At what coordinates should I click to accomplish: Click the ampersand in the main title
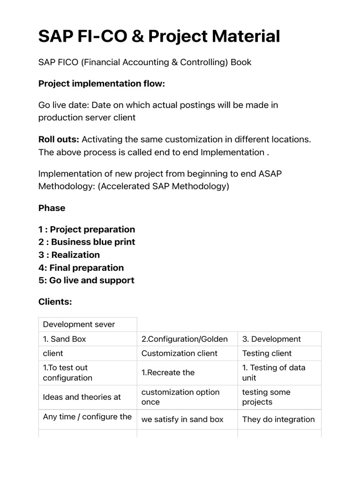(138, 36)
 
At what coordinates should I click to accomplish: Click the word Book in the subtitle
(240, 62)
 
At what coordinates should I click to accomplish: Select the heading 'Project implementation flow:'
(102, 83)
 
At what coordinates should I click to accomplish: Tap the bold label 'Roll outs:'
(59, 139)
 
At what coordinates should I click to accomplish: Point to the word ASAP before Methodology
(270, 173)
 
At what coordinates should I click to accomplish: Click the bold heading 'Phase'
(52, 208)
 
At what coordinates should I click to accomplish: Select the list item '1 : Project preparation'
(87, 229)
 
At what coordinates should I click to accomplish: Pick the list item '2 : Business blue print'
(87, 242)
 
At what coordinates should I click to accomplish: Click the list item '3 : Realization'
(69, 255)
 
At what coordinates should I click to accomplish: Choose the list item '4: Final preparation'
(81, 268)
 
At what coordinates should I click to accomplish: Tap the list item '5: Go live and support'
(86, 280)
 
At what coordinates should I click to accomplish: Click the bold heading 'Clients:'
(55, 302)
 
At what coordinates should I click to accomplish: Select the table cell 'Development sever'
(79, 324)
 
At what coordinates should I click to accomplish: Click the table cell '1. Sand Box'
(65, 339)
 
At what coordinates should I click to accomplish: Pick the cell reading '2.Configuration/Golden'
(185, 339)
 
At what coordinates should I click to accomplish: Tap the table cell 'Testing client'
(267, 353)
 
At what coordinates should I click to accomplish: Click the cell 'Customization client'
(180, 353)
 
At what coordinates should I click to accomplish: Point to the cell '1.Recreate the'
(168, 373)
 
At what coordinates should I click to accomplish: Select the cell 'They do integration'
(278, 420)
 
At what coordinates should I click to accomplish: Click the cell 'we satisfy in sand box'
(182, 420)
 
